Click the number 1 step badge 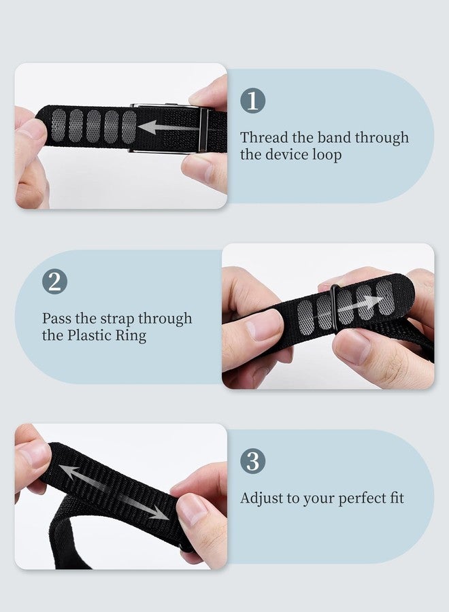point(252,101)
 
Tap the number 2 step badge point(54,282)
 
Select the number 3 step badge point(252,461)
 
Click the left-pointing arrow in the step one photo point(169,127)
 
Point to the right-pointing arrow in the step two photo point(360,305)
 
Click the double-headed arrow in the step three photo point(114,492)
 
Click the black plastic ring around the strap point(335,309)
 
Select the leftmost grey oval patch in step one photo point(59,125)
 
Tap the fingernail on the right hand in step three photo point(192,509)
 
